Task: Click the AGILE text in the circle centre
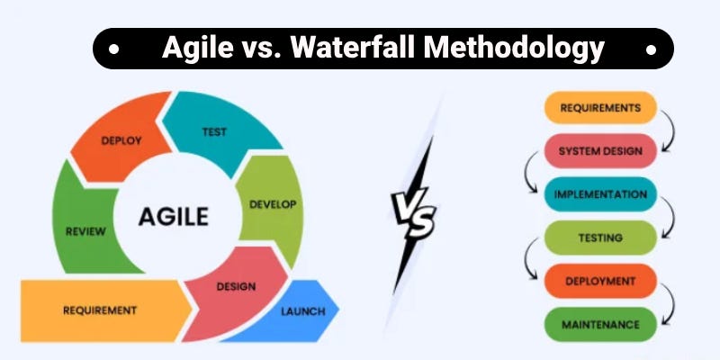point(174,216)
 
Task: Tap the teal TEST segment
point(214,131)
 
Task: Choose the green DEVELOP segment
point(271,204)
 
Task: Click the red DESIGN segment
point(235,286)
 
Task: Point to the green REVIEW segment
point(85,231)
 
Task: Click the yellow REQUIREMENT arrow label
point(100,310)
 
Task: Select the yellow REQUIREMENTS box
point(600,108)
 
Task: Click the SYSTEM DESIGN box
point(600,150)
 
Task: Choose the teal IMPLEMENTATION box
point(600,193)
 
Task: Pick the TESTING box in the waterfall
point(600,237)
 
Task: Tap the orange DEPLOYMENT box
point(600,281)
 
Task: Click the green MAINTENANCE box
point(600,323)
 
